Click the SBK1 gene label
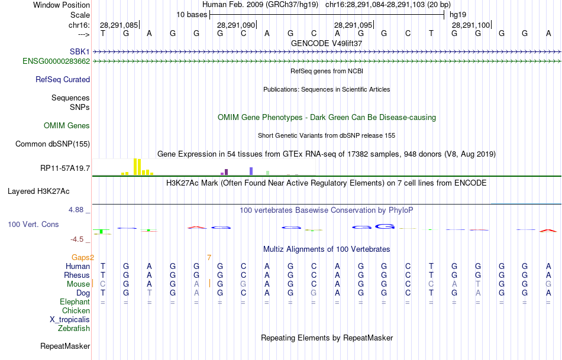click(80, 52)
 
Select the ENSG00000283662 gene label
click(56, 61)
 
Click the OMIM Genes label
click(67, 125)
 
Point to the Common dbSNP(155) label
click(53, 144)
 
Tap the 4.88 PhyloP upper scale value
click(78, 210)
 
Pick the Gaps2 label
click(83, 257)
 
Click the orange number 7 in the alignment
click(209, 257)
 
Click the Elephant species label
click(75, 301)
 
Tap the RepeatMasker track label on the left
click(65, 346)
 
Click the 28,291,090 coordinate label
click(236, 25)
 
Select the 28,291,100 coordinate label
click(471, 25)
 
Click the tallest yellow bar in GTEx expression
click(135, 167)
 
